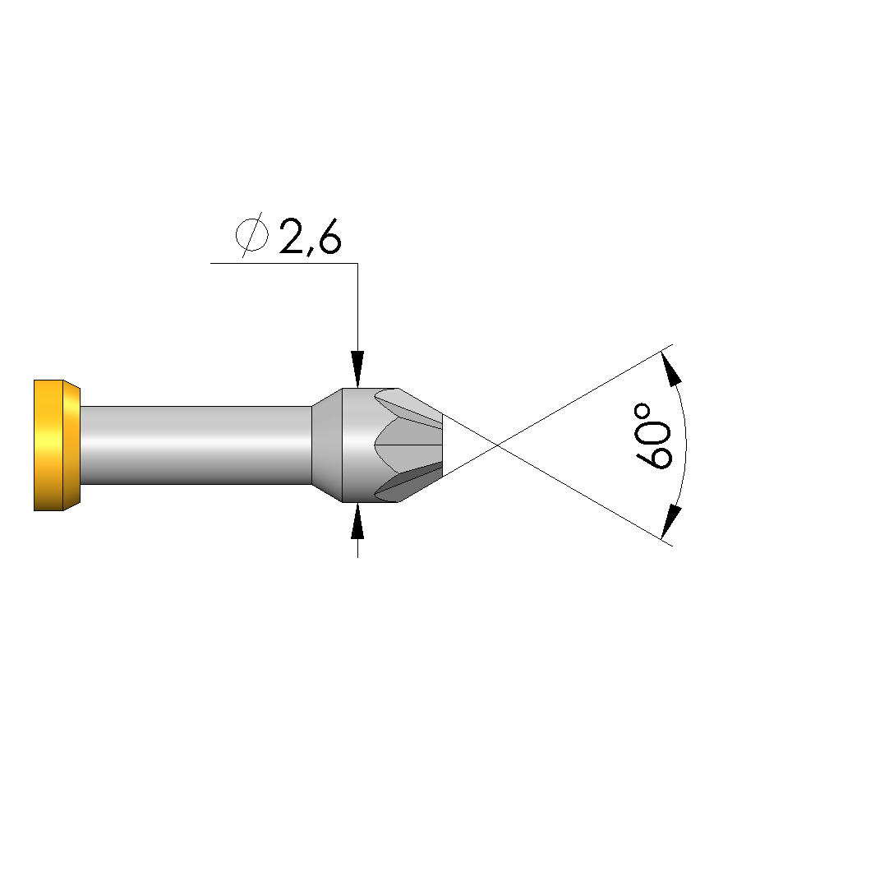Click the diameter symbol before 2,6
(251, 235)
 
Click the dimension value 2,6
(311, 237)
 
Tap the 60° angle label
(653, 436)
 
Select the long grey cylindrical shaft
(196, 445)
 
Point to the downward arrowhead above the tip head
(357, 370)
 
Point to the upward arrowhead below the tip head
(357, 520)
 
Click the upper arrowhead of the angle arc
(671, 369)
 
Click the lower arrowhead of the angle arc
(671, 522)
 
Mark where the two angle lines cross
(497, 445)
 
